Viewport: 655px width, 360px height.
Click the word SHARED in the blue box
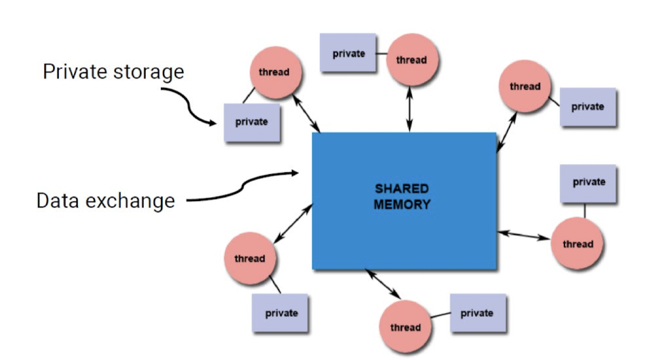402,189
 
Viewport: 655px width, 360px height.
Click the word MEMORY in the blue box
402,205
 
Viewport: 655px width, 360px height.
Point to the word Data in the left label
58,201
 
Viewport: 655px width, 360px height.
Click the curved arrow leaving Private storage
190,106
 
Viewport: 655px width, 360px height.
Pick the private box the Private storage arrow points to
252,122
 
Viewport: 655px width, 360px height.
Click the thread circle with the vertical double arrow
412,60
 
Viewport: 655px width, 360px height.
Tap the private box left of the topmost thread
348,54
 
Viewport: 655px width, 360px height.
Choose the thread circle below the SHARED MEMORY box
405,326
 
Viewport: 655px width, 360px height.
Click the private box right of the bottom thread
478,313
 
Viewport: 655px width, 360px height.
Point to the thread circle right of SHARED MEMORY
577,244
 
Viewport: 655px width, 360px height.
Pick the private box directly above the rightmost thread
588,183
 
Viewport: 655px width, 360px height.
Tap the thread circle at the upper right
525,87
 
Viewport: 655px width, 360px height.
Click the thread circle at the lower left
250,258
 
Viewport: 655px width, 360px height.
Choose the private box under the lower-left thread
281,313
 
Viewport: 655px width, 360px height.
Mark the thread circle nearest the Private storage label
274,72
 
